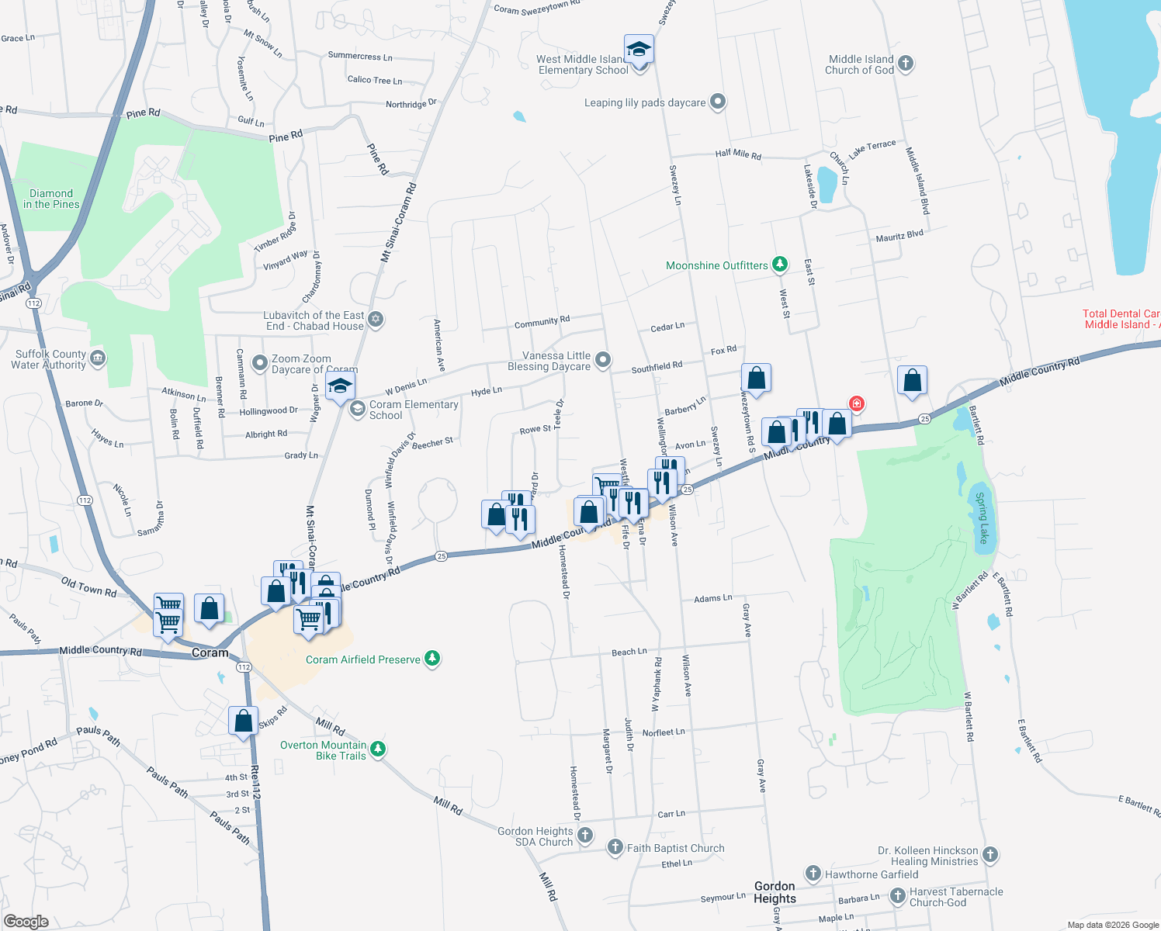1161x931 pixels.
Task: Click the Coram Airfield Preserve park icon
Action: (432, 659)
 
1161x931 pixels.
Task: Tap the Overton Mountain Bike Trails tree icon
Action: (378, 749)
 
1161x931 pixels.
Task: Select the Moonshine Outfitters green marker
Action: (780, 265)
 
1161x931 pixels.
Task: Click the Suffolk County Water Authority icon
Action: (98, 358)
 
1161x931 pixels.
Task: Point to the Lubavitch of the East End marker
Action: (376, 319)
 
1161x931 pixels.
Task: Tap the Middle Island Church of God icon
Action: (906, 63)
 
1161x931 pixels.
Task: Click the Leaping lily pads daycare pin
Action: (718, 101)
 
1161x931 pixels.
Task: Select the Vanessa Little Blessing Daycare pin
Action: (603, 359)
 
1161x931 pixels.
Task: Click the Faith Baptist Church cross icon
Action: (615, 846)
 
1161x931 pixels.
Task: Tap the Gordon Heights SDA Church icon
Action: (585, 835)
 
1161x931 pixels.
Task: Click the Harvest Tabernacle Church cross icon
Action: (898, 895)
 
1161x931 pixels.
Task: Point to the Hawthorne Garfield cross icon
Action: (813, 874)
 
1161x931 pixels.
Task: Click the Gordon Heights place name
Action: (775, 892)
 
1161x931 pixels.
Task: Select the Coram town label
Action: (210, 652)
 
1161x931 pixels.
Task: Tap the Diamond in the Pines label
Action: (51, 199)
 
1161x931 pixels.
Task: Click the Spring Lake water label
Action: (983, 517)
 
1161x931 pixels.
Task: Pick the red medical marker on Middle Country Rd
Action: (857, 403)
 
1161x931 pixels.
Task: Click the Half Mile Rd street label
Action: (738, 154)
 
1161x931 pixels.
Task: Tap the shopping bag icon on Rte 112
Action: (243, 720)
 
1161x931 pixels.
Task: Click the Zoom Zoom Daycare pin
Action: (260, 363)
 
